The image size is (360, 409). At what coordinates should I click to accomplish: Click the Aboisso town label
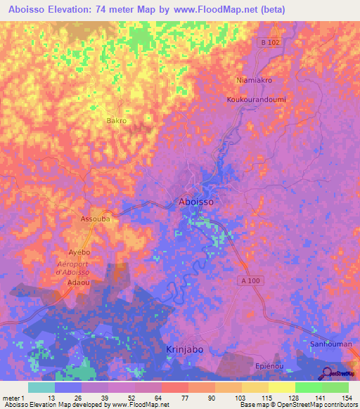pos(195,201)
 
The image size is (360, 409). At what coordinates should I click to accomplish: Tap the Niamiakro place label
pos(254,80)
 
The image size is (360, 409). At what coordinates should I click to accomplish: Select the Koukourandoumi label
pos(255,100)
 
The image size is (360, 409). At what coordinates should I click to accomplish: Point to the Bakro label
pos(116,121)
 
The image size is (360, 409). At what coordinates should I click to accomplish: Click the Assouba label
pos(96,219)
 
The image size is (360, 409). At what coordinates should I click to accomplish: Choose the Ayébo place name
pos(81,251)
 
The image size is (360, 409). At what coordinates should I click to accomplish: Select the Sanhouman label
pos(330,344)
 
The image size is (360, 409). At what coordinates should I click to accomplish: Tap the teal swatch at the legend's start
pos(41,387)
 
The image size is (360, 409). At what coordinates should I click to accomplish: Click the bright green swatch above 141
pos(308,387)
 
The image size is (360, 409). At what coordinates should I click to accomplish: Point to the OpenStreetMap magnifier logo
pos(328,374)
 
